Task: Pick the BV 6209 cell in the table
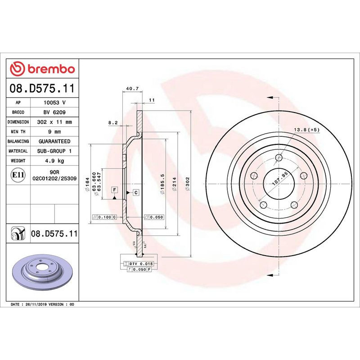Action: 56,112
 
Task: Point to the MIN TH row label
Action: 19,132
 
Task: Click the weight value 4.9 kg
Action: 56,161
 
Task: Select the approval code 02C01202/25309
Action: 54,179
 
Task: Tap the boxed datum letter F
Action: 115,190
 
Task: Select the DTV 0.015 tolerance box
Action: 141,263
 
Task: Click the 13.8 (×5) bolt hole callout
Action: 306,130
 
